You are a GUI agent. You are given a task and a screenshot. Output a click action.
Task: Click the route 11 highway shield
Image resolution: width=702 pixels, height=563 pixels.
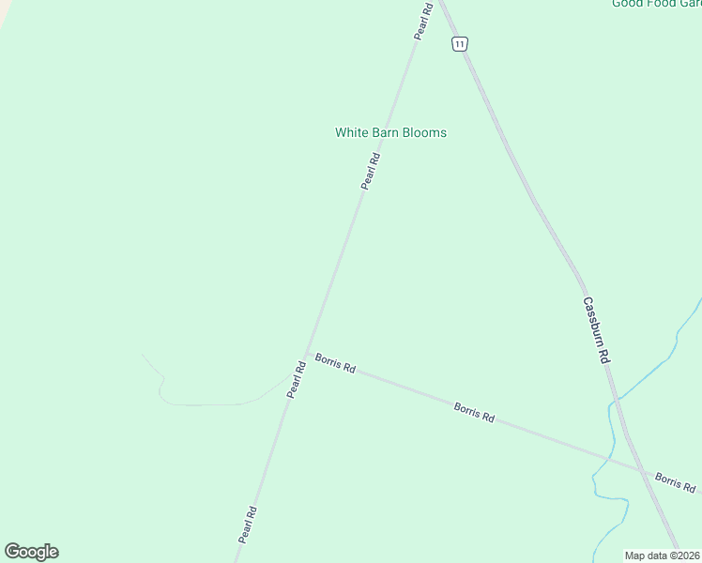point(459,44)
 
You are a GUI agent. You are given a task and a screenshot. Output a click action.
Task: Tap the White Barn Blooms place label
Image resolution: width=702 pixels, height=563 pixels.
point(390,132)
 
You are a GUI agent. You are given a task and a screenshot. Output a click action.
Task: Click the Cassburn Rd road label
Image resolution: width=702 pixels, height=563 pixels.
point(596,330)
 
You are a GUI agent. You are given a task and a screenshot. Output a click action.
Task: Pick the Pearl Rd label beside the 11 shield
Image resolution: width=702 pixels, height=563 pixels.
point(423,22)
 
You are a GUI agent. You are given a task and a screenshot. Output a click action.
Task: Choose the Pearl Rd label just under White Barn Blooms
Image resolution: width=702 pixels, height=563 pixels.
point(371,171)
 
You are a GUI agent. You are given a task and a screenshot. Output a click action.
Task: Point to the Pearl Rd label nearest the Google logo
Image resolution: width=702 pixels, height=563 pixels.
point(248,525)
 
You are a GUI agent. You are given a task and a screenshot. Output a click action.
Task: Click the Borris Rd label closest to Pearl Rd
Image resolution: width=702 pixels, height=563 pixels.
point(335,363)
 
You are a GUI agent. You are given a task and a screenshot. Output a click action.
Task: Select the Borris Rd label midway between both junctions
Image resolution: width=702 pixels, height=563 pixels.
point(474,412)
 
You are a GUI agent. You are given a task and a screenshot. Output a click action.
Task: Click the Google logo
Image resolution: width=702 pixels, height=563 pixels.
point(31,552)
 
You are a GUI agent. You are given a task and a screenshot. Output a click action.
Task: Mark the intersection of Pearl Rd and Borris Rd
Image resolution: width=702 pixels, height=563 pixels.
point(306,354)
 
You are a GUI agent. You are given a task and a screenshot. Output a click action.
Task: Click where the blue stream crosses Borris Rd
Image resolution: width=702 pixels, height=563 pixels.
point(611,458)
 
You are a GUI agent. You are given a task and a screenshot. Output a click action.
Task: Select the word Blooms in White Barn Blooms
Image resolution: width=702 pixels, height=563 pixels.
point(424,132)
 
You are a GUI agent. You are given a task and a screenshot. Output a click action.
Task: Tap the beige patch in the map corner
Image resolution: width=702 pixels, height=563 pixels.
point(5,9)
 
